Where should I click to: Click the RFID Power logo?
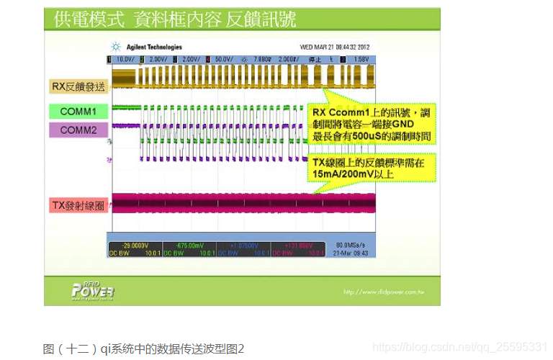pos(92,289)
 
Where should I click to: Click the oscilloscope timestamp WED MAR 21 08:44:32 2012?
pos(335,47)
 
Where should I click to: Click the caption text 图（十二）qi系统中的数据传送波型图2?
pos(144,348)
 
